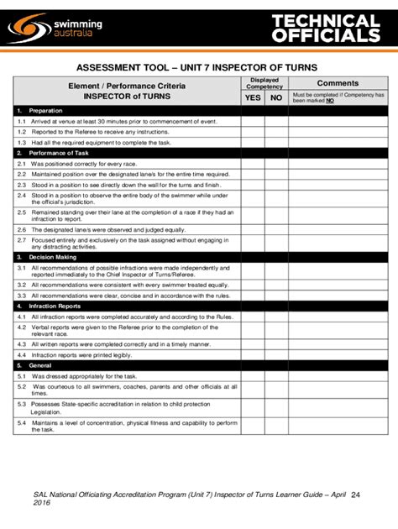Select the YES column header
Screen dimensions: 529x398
pyautogui.click(x=253, y=98)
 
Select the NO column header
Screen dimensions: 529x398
pyautogui.click(x=276, y=98)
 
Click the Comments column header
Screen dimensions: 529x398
pyautogui.click(x=337, y=83)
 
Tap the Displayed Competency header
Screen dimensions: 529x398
pyautogui.click(x=264, y=83)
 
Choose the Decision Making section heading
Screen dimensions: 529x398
pyautogui.click(x=50, y=257)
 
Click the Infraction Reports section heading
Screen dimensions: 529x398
pyautogui.click(x=55, y=307)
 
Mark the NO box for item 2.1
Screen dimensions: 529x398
pyautogui.click(x=276, y=163)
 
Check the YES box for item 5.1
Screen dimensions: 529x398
pyautogui.click(x=253, y=376)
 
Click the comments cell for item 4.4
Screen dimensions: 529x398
pyautogui.click(x=337, y=355)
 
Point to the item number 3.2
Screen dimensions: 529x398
pyautogui.click(x=22, y=285)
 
